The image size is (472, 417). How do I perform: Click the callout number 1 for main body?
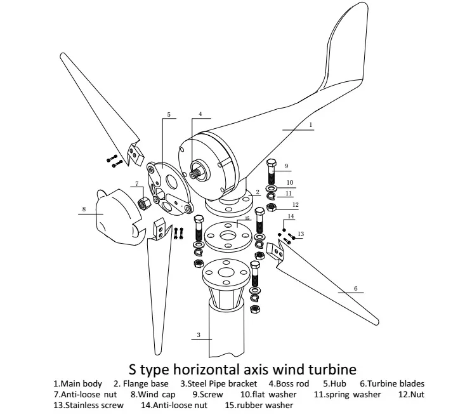311,125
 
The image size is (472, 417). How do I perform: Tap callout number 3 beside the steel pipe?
199,334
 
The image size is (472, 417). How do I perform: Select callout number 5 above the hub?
169,115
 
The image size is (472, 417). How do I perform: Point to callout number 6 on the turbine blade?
355,288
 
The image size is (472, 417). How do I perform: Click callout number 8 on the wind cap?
83,208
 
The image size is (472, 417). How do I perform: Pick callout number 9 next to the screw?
287,166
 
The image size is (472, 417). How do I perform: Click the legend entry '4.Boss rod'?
289,383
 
